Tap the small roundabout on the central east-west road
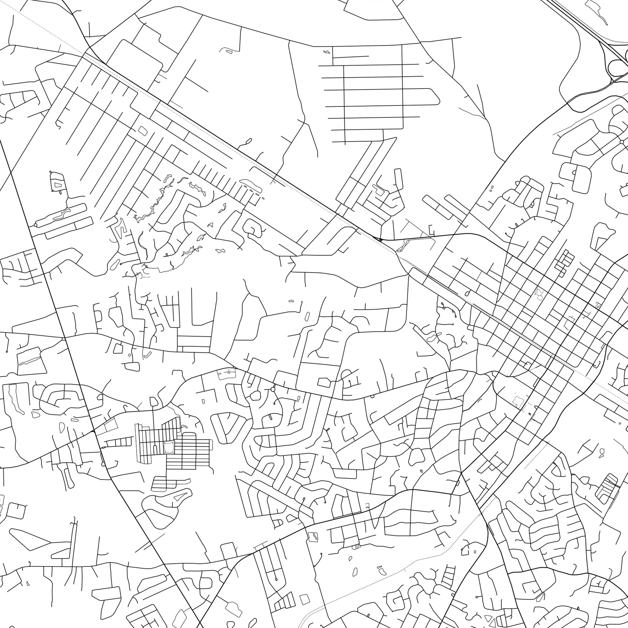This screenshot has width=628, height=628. (x=273, y=389)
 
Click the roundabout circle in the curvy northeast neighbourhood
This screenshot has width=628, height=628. (x=622, y=142)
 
